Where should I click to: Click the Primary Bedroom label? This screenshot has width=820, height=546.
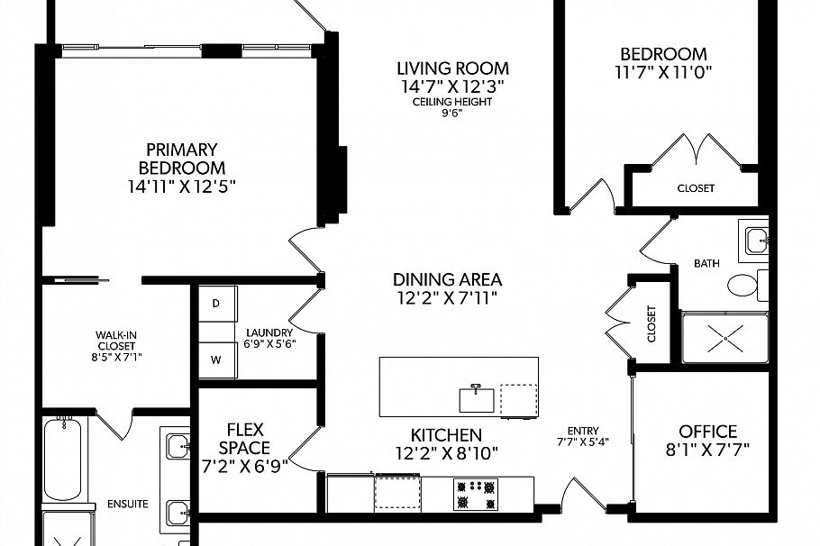click(x=182, y=159)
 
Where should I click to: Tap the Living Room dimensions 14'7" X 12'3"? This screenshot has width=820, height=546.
click(x=453, y=86)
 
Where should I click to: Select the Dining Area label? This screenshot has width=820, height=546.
click(x=447, y=280)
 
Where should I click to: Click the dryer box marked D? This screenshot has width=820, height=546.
click(x=216, y=304)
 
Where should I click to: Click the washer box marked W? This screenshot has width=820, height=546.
click(x=216, y=359)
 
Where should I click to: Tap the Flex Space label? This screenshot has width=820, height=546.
click(x=244, y=439)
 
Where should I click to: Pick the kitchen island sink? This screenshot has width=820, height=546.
click(x=476, y=398)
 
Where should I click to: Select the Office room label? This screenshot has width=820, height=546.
click(x=708, y=432)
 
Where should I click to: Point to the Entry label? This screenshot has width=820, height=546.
click(x=584, y=431)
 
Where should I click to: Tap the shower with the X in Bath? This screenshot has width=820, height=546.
click(x=724, y=339)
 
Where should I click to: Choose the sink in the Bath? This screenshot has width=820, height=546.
click(x=755, y=239)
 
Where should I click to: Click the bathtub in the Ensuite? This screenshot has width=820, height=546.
click(x=64, y=459)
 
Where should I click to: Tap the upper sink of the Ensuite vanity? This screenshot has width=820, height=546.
click(x=177, y=444)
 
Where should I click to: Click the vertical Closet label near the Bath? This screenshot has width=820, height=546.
click(x=651, y=324)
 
